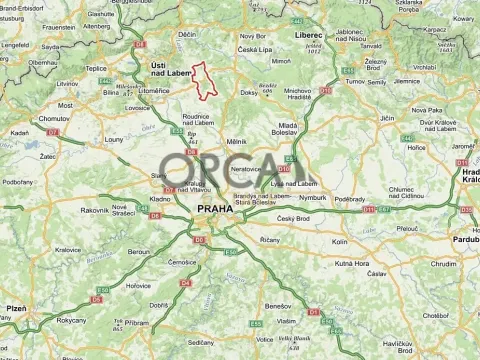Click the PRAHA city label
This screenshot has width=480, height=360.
[x=214, y=209]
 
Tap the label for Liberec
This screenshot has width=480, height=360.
[x=309, y=34]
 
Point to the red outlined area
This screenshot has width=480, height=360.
[x=204, y=80]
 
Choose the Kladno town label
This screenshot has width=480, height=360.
[x=160, y=199]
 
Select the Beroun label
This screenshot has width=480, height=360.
[x=138, y=252]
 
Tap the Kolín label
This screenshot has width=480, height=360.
[x=340, y=242]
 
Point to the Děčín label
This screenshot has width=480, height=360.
[x=187, y=34]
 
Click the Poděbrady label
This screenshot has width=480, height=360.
[x=350, y=199]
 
